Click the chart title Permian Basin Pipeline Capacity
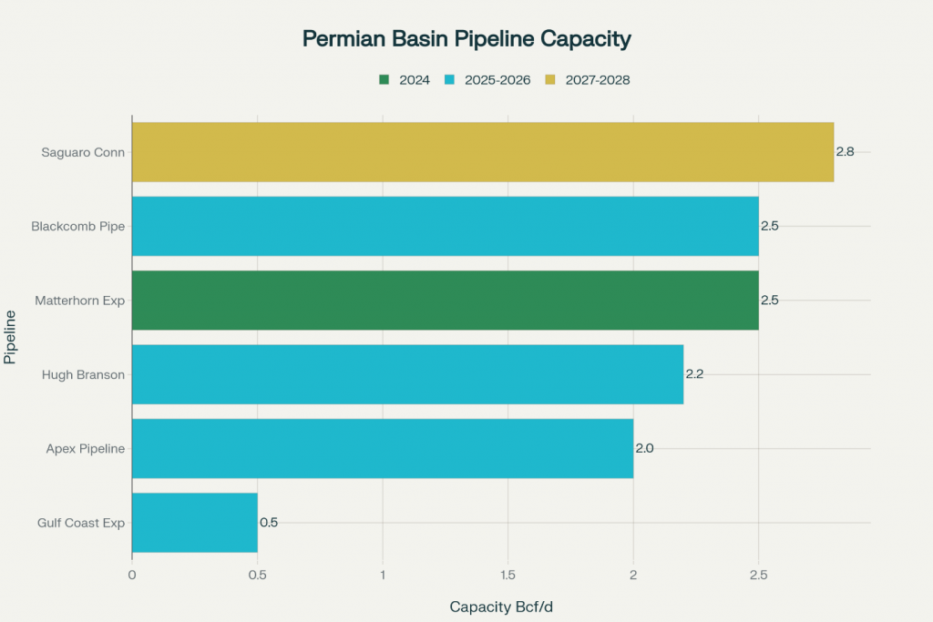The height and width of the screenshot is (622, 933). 466,39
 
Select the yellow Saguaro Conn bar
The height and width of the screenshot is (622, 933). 483,152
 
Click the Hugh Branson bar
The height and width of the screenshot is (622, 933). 407,374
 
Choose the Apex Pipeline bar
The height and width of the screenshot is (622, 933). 383,448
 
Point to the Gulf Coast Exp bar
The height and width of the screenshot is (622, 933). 195,523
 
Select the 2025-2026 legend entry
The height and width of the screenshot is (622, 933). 487,80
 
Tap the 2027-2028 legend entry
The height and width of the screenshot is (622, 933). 588,80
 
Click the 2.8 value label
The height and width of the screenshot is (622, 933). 846,152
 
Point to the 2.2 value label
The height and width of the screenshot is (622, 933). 694,374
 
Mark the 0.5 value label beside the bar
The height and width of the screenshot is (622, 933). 269,523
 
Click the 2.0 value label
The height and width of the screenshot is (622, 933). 644,448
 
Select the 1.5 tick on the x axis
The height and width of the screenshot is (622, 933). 508,575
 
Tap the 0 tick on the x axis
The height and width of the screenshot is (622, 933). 132,575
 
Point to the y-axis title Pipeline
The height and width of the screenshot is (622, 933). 11,336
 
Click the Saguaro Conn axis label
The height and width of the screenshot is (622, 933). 83,152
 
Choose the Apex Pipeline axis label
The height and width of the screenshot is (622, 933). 85,448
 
